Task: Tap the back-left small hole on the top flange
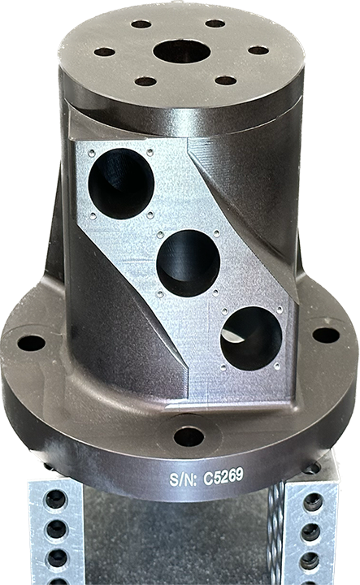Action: [x=141, y=24]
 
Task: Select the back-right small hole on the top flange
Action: [x=215, y=24]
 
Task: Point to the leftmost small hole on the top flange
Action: [x=104, y=52]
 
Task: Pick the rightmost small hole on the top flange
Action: [x=258, y=50]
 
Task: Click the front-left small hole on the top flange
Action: [x=145, y=81]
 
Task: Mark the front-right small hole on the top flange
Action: [x=226, y=80]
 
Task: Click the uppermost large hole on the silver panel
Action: [x=121, y=183]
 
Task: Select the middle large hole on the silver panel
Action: [x=188, y=262]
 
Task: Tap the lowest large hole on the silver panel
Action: [x=250, y=338]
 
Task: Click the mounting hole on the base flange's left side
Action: [x=31, y=343]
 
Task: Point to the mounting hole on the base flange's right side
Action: [x=326, y=335]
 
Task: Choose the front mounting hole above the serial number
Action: [x=189, y=436]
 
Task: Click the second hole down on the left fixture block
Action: [x=56, y=530]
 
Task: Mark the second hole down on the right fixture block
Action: [x=311, y=532]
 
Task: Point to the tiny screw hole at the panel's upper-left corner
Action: [x=91, y=152]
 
